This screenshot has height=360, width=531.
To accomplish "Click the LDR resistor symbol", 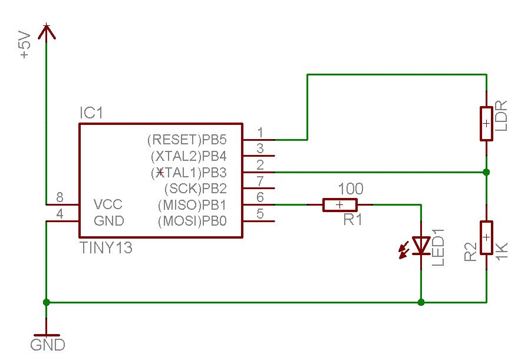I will click(486, 124).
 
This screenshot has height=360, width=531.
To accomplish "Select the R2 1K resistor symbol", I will click(486, 237).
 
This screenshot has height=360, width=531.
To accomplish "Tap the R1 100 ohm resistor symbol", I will click(340, 204).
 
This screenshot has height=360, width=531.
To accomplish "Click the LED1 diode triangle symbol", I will click(421, 245).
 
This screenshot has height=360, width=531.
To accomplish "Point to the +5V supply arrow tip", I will click(47, 26).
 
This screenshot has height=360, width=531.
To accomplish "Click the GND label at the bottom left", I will click(48, 345).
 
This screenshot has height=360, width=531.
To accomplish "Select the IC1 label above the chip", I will click(91, 113).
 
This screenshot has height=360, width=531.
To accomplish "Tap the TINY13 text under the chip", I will click(106, 248).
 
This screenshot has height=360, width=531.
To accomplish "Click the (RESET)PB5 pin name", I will click(186, 140).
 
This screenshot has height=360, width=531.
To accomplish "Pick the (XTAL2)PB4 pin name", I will click(189, 157).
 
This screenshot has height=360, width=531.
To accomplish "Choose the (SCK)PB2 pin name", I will click(194, 189).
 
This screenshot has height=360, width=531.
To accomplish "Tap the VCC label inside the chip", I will click(108, 205).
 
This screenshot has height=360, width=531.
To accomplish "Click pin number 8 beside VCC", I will click(60, 197).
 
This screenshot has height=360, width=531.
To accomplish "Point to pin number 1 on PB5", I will click(260, 133).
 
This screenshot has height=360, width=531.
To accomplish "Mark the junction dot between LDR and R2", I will click(486, 172).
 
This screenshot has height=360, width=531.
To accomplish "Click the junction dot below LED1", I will click(421, 302).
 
